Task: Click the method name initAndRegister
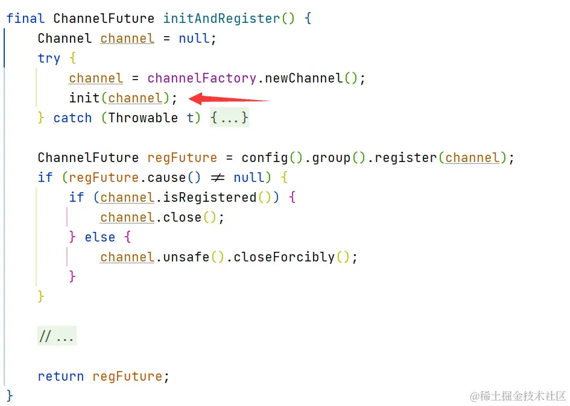(x=221, y=19)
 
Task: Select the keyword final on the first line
(x=25, y=19)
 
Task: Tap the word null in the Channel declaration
(x=194, y=39)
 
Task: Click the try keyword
(x=49, y=58)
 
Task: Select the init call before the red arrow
(x=84, y=98)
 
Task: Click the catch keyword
(x=72, y=118)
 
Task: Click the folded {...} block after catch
(x=229, y=118)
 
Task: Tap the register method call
(x=407, y=158)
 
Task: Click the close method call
(x=182, y=217)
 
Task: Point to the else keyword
(x=100, y=237)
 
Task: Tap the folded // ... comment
(x=57, y=337)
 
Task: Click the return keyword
(x=60, y=376)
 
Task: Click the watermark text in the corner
(x=518, y=396)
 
